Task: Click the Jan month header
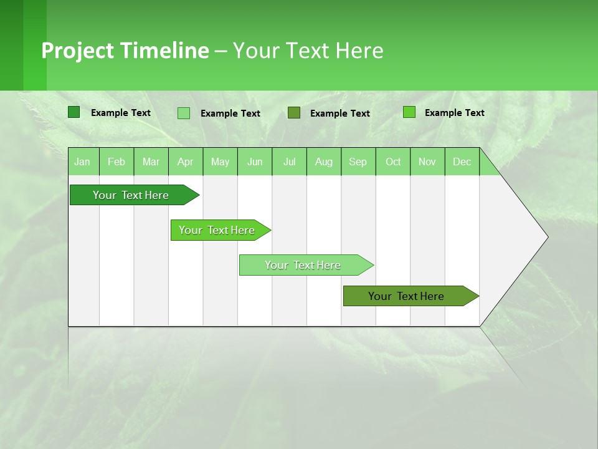coord(82,162)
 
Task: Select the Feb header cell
coord(116,162)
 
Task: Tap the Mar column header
coord(151,162)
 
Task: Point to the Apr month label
coord(186,162)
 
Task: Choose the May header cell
coord(220,162)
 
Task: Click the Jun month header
coord(255,162)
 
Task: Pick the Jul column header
coord(289,162)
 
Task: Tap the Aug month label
coord(324,162)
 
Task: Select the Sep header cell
coord(358,162)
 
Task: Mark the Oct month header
coord(393,162)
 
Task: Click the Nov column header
coord(427,162)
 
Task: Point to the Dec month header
coord(462,162)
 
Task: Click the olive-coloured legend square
coord(294,113)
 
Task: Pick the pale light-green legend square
coord(184,113)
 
